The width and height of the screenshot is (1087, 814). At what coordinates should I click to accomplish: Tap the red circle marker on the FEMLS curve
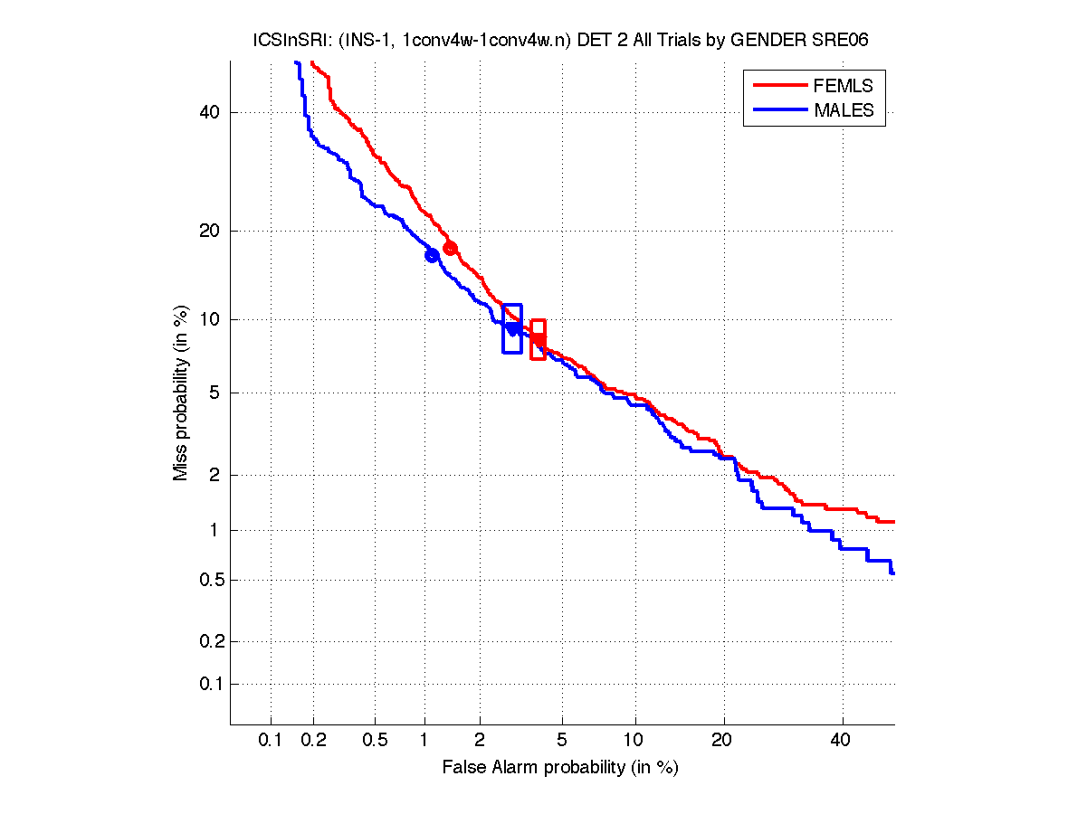pyautogui.click(x=450, y=248)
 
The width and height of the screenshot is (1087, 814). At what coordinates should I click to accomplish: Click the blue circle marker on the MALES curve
pyautogui.click(x=432, y=255)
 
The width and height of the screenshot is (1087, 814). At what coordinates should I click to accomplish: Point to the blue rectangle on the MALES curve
pyautogui.click(x=512, y=328)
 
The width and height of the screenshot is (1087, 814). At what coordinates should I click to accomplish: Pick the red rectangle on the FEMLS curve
pyautogui.click(x=538, y=339)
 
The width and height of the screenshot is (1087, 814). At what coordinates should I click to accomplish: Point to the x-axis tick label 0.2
pyautogui.click(x=314, y=740)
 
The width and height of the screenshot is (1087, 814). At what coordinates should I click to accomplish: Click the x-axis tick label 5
pyautogui.click(x=563, y=740)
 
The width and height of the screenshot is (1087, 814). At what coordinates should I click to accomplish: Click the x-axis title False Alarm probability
pyautogui.click(x=560, y=768)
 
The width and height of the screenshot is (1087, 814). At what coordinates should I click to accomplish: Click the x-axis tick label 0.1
pyautogui.click(x=271, y=740)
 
